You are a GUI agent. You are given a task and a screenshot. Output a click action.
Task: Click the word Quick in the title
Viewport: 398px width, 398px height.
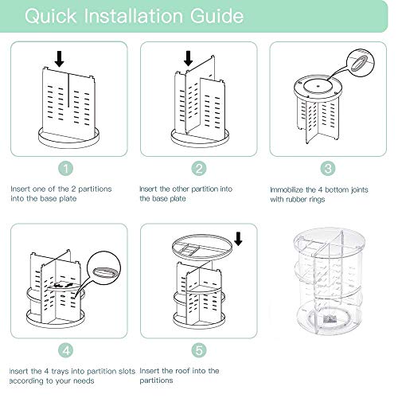point(51,16)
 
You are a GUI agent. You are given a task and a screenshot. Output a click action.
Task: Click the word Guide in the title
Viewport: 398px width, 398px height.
point(217,16)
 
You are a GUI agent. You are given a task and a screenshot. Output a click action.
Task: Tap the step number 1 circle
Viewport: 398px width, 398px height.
point(65,168)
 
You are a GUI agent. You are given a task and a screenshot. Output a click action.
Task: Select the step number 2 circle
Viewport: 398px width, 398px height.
point(199,168)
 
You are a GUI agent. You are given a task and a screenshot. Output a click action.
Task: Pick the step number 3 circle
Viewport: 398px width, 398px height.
point(328,168)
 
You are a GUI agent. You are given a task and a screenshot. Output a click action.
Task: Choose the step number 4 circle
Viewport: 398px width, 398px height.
point(66,350)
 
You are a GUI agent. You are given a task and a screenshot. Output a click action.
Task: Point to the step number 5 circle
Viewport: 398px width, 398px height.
point(199,350)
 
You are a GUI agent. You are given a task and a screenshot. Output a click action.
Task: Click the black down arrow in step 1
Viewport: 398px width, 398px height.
point(60,59)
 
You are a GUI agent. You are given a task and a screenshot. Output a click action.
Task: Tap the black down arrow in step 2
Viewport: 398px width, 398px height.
point(189,58)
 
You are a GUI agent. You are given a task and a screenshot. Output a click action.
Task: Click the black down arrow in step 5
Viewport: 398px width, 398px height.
point(238,239)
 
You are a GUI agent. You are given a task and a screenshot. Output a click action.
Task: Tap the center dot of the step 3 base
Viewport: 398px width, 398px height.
point(318,86)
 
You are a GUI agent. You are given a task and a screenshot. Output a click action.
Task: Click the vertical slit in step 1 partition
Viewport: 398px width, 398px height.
point(68,90)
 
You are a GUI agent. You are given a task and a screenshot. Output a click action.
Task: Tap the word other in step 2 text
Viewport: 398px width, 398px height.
point(181,189)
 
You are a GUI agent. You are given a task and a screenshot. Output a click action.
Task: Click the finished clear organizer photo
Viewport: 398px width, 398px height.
point(329,281)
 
